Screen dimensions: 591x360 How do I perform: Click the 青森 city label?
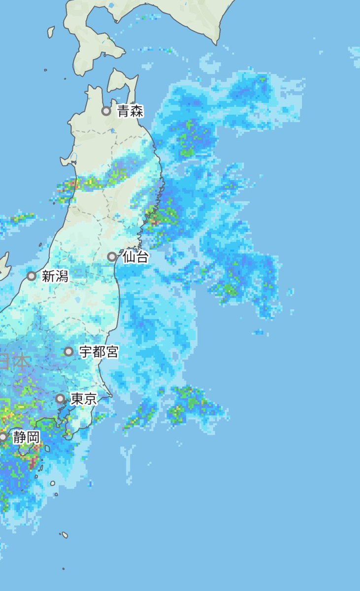coord(131,111)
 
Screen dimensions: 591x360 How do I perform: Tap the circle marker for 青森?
coord(106,111)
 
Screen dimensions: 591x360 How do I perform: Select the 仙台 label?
coord(135,257)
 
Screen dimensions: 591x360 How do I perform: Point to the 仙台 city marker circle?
coord(112,257)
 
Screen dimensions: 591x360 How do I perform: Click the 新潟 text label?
coord(55,276)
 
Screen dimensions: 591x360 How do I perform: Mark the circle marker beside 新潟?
coord(32,276)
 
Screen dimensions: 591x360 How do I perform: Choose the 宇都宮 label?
coord(98,352)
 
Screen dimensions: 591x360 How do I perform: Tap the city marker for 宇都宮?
coord(69,352)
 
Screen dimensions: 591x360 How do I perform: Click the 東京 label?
coord(84,399)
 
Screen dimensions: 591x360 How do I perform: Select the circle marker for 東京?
coord(60,398)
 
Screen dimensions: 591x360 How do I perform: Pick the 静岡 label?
coord(26,437)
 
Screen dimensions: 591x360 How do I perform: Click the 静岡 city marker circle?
coord(3,437)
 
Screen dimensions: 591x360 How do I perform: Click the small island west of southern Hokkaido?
coord(51,32)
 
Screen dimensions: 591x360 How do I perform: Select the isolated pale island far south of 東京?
coord(64,535)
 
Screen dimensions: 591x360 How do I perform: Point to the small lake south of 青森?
coord(114,131)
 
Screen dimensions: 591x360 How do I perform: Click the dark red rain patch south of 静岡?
coord(33,463)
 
